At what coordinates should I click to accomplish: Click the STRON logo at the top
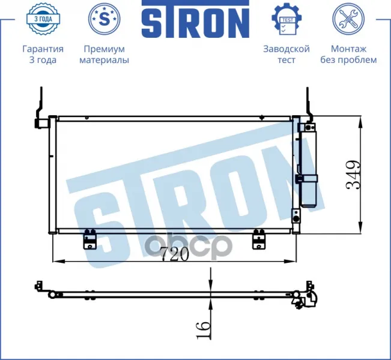pyautogui.click(x=195, y=19)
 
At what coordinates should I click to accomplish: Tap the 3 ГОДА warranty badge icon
pyautogui.click(x=43, y=19)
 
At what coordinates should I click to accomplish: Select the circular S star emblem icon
pyautogui.click(x=105, y=19)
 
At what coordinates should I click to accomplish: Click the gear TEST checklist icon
pyautogui.click(x=286, y=19)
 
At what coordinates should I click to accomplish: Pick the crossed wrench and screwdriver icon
pyautogui.click(x=348, y=19)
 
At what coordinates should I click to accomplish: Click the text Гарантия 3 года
pyautogui.click(x=43, y=55)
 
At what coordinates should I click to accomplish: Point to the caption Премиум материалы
pyautogui.click(x=105, y=55)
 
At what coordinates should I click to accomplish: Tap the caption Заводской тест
pyautogui.click(x=286, y=55)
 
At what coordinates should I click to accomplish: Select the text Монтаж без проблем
pyautogui.click(x=348, y=55)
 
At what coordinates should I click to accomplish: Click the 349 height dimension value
pyautogui.click(x=353, y=175)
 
